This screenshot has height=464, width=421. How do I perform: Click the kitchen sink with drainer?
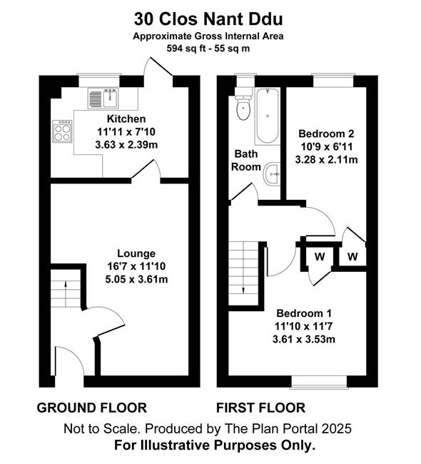[x=103, y=98]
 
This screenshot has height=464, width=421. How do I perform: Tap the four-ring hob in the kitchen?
[x=62, y=131]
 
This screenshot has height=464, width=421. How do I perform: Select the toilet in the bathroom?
[x=243, y=107]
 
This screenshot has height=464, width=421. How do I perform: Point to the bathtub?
[x=268, y=116]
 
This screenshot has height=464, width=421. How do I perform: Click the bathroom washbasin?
[x=273, y=174]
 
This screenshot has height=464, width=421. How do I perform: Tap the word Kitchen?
[x=126, y=119]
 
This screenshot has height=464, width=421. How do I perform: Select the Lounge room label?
[x=136, y=253]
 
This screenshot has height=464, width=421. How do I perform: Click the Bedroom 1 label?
[x=304, y=313]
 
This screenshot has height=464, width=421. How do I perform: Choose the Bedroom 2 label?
[x=326, y=133]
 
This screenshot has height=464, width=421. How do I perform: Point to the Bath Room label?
[x=246, y=161]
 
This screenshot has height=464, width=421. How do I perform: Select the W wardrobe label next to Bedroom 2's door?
[x=352, y=256]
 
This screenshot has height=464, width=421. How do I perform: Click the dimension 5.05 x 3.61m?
[x=136, y=279]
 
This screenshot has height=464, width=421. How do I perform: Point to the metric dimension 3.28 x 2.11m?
[x=326, y=160]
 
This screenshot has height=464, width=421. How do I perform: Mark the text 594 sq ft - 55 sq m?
[x=208, y=49]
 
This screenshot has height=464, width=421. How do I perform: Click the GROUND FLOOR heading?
[x=92, y=408]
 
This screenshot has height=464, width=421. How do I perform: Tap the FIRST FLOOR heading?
[x=260, y=408]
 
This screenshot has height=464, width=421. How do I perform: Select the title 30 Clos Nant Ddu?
[x=208, y=19]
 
